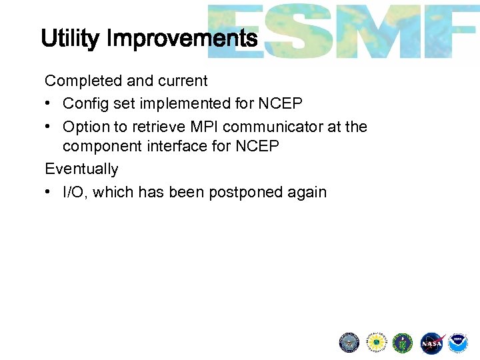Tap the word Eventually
81,169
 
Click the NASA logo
431,343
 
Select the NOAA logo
458,343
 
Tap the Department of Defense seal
349,343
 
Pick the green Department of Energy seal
403,343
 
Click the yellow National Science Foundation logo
376,343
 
